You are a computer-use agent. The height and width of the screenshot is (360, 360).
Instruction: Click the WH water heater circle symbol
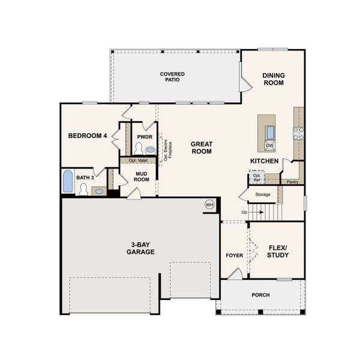pos(209,205)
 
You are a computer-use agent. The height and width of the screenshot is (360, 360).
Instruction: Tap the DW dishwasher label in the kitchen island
pos(269,146)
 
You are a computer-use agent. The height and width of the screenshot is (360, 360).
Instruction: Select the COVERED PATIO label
pos(172,77)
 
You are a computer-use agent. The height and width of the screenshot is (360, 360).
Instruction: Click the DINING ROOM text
pos(274,79)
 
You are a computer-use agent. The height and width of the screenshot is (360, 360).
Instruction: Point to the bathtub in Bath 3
pos(68,181)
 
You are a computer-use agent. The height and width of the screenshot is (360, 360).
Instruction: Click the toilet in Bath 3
pos(84,190)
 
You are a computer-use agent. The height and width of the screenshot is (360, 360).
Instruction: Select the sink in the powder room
pos(150,150)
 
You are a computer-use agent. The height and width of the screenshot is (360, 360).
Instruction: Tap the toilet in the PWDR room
pos(139,148)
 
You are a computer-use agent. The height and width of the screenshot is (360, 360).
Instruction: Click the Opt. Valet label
pos(138,161)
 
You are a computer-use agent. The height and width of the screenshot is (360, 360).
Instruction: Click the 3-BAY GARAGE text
pos(140,248)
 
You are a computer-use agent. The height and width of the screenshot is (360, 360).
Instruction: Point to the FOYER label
pos(234,256)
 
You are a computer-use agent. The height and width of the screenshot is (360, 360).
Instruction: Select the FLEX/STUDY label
pos(277,251)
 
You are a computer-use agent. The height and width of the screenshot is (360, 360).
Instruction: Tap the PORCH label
pos(260,295)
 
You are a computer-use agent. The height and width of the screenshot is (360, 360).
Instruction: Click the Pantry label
pos(292,182)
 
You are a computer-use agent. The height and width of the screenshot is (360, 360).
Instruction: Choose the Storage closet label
pos(263,194)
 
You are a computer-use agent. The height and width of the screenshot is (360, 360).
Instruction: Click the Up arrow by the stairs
pos(244,212)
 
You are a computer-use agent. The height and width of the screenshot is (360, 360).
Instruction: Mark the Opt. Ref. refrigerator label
pos(257,178)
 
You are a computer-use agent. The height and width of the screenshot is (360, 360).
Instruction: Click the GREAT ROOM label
pos(202,148)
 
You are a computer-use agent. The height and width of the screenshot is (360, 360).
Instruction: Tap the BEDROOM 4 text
pos(88,136)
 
